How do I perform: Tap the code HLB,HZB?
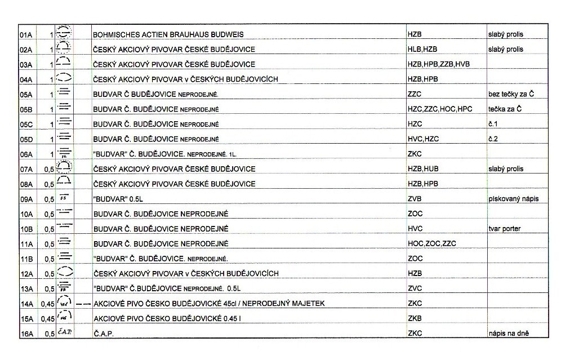pyautogui.click(x=422, y=50)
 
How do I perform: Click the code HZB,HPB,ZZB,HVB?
pyautogui.click(x=438, y=64)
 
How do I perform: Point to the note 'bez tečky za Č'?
pyautogui.click(x=510, y=94)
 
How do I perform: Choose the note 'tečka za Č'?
pyautogui.click(x=505, y=109)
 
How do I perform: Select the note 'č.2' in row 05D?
pyautogui.click(x=493, y=139)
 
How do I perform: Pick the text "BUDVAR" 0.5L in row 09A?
pyautogui.click(x=116, y=199)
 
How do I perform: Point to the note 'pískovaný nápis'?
pyautogui.click(x=510, y=199)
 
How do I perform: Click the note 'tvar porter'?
pyautogui.click(x=504, y=229)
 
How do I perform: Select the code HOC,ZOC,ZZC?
pyautogui.click(x=431, y=243)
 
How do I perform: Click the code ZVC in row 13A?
pyautogui.click(x=415, y=288)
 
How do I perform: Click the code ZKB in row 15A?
pyautogui.click(x=415, y=319)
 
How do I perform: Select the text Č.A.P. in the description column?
pyautogui.click(x=103, y=334)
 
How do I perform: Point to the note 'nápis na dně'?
pyautogui.click(x=509, y=334)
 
